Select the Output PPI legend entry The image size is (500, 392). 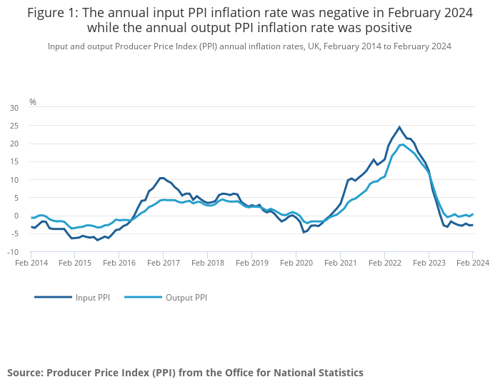pos(186,297)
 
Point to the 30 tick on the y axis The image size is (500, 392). pos(14,108)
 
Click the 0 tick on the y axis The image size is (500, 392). pos(16,216)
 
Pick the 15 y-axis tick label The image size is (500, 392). pos(14,161)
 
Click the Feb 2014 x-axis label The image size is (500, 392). pos(31,263)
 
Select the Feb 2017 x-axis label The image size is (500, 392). pos(164,263)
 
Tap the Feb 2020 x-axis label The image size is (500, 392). pos(296,263)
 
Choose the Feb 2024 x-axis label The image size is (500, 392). pos(473,263)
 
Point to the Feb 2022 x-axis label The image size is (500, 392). pos(384,263)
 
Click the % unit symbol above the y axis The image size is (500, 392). pos(32,102)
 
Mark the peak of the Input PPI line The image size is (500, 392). pos(399,127)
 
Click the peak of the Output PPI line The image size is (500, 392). pos(403,144)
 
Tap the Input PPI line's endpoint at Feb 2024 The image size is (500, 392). pos(473,225)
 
